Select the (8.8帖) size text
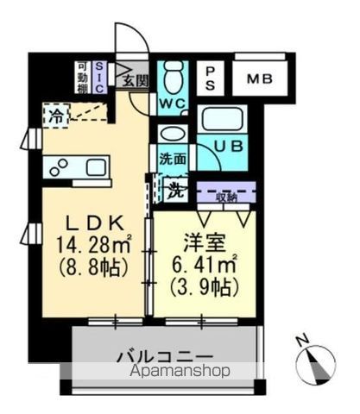92,266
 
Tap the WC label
174,104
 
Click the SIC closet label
100,74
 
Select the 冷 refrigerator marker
56,113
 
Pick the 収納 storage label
227,197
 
